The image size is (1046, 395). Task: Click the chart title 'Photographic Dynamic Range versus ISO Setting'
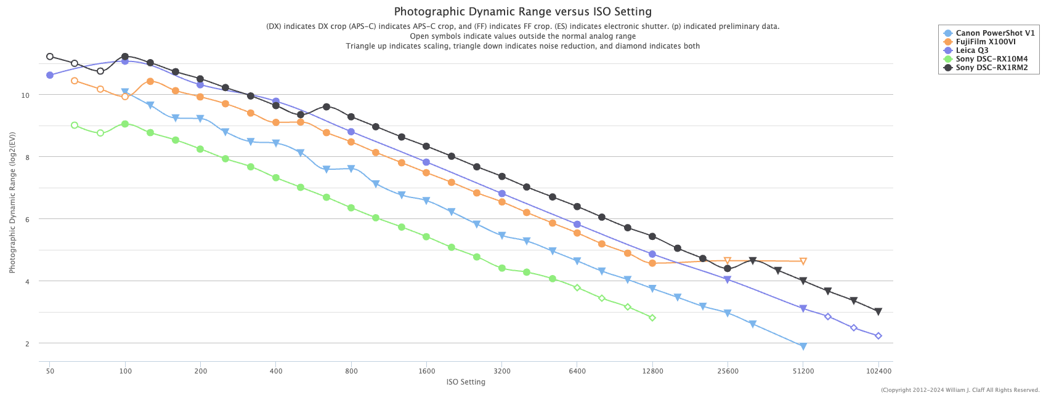click(522, 12)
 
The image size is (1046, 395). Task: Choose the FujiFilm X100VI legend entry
click(986, 42)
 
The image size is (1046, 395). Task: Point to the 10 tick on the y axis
click(26, 95)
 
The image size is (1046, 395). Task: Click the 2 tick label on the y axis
click(27, 343)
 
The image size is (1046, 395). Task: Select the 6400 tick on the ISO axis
click(577, 371)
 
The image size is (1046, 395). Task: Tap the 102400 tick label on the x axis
click(878, 371)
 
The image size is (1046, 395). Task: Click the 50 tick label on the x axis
click(49, 371)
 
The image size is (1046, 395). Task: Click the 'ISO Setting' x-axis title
click(466, 382)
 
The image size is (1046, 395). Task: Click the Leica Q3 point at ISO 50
click(50, 75)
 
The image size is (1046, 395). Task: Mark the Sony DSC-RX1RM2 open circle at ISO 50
click(50, 57)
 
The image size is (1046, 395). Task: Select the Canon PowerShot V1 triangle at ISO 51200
click(803, 346)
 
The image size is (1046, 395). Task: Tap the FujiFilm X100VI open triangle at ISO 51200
click(803, 261)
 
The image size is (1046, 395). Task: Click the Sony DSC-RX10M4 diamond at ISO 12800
click(652, 318)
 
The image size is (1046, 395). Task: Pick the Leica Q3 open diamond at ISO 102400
click(878, 336)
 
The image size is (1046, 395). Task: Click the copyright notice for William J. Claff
click(960, 390)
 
